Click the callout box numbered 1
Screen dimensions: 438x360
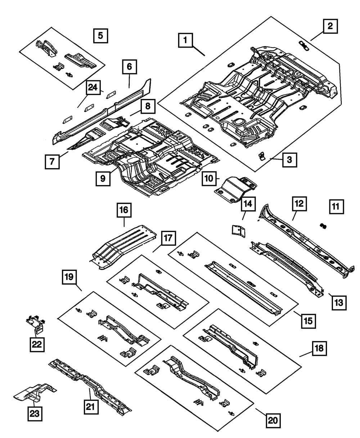coord(185,41)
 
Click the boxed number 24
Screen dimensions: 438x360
coord(93,88)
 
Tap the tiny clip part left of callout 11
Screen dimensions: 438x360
coord(323,226)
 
